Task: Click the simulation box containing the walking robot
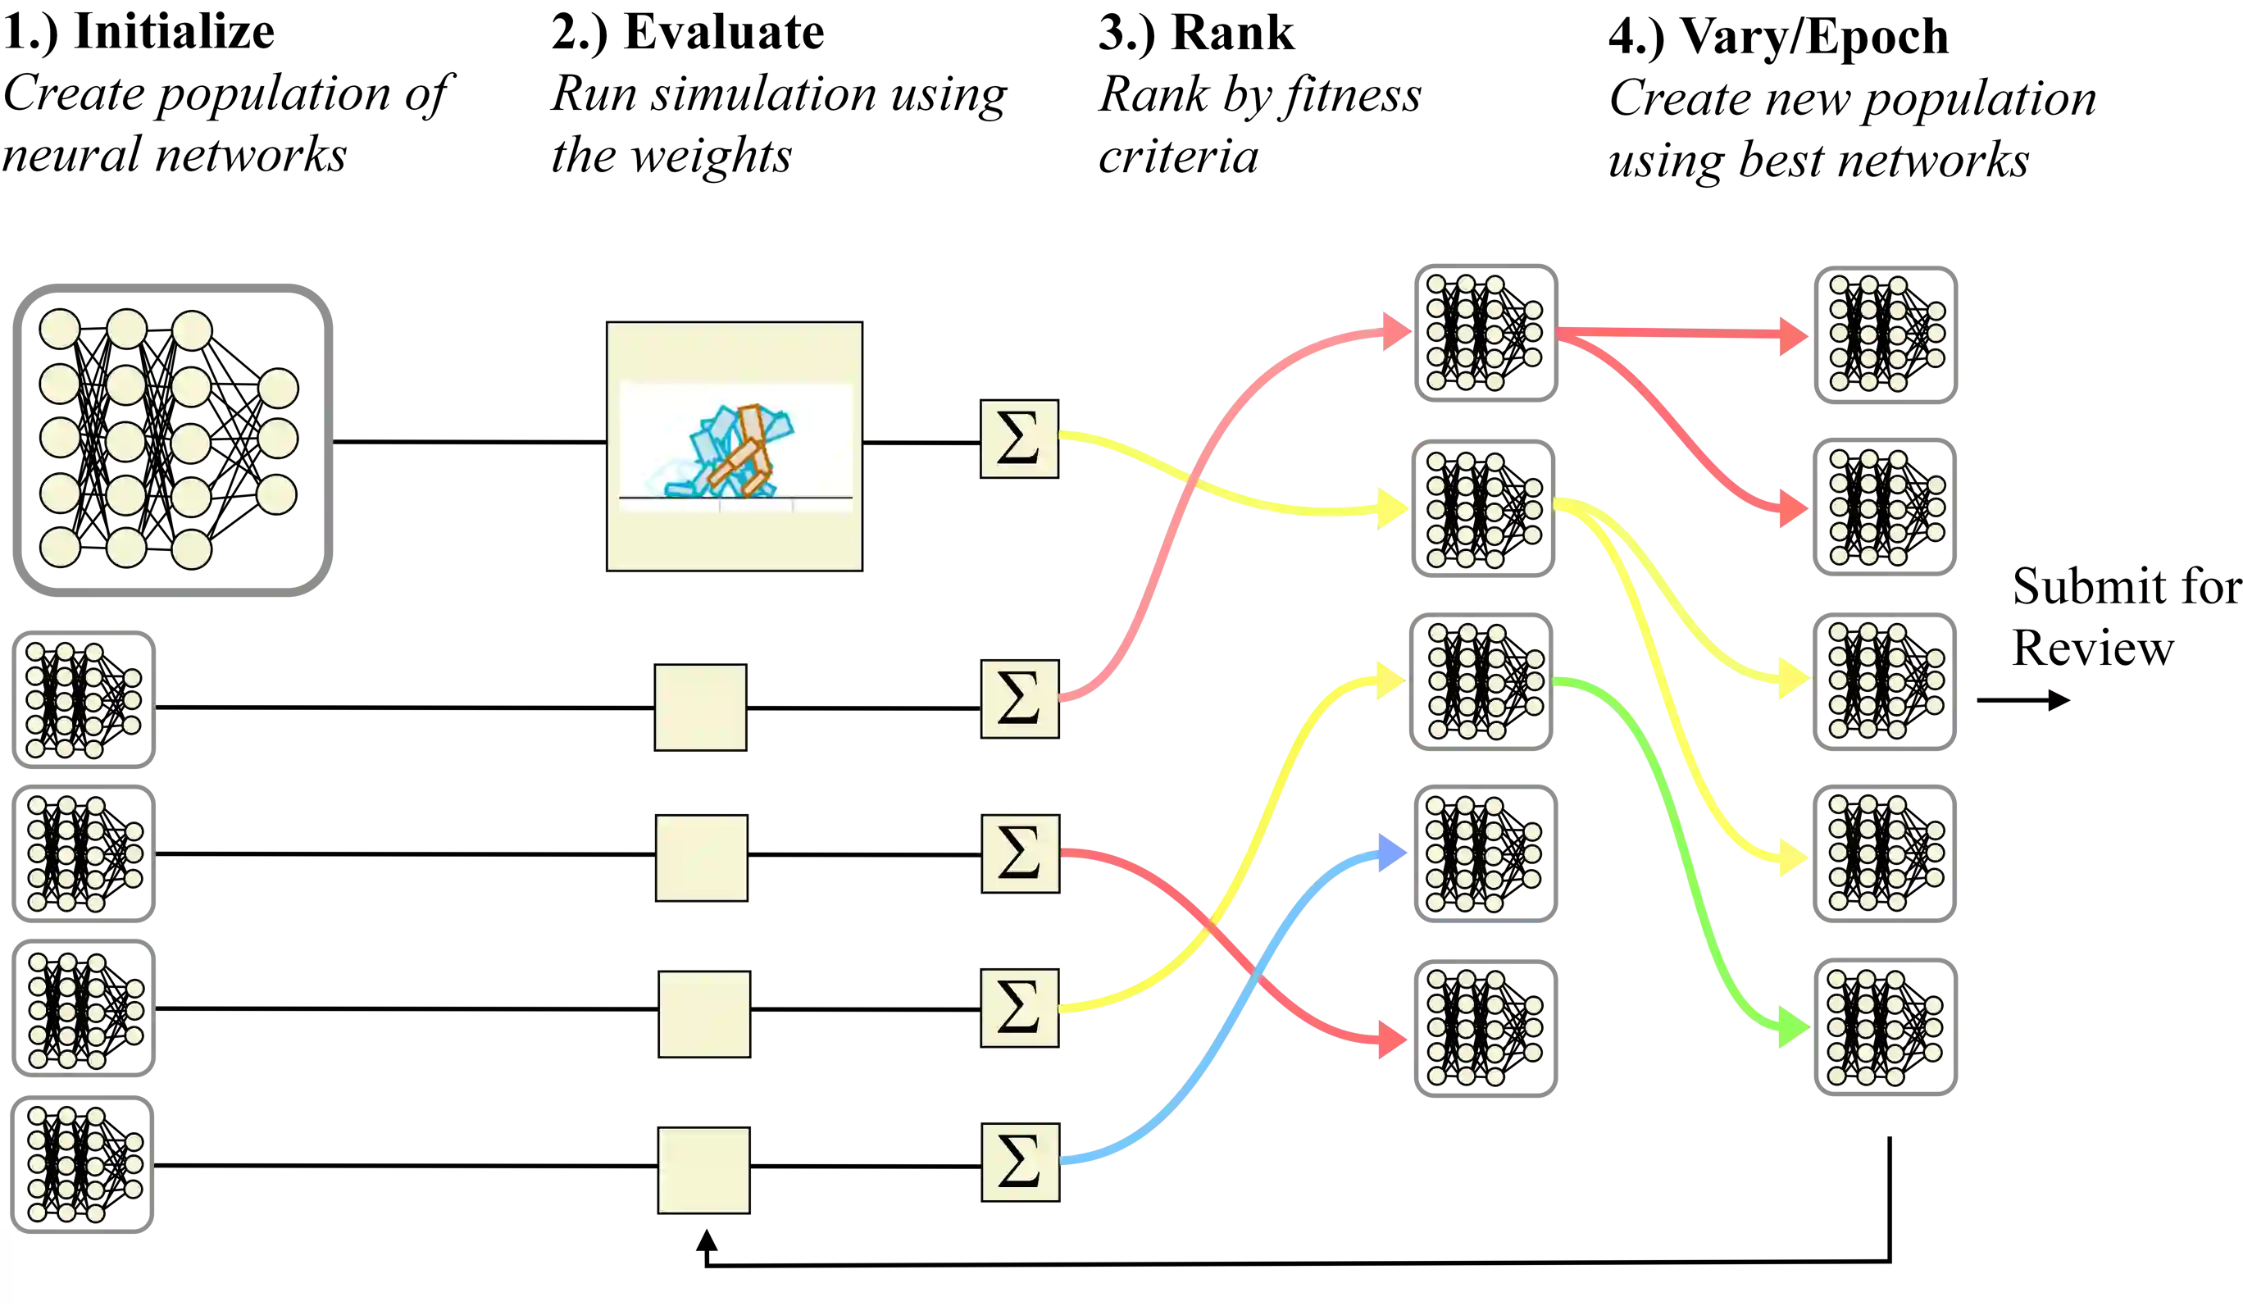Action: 734,445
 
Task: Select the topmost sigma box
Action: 1019,439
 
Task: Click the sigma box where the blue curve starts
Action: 1019,1163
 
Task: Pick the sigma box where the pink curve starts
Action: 1019,698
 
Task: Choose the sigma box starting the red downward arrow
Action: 1019,853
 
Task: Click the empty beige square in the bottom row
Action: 704,1170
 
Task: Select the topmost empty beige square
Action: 702,708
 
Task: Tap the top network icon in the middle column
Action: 1485,333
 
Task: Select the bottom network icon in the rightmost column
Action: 1884,1028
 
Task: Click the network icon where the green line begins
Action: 1479,681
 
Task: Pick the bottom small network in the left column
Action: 82,1163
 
